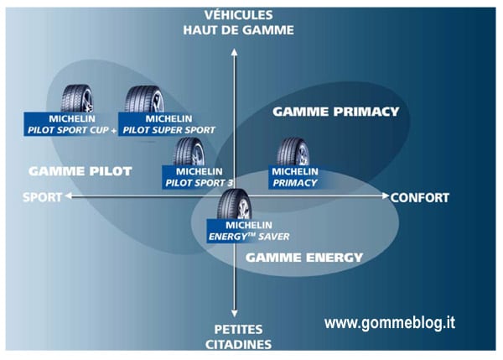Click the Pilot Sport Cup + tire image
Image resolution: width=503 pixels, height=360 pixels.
click(x=77, y=98)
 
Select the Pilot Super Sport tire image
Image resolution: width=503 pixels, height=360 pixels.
click(x=144, y=99)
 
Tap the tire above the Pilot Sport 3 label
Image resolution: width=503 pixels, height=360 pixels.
click(x=189, y=152)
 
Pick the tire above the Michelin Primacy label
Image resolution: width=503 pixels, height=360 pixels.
click(x=293, y=152)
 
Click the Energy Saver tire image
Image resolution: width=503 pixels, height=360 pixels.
click(x=234, y=204)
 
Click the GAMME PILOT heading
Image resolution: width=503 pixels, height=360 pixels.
click(x=80, y=171)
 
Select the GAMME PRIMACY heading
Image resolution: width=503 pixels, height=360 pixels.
click(x=336, y=112)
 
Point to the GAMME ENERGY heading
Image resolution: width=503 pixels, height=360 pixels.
click(x=304, y=258)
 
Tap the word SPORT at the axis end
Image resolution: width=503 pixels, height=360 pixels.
click(x=43, y=197)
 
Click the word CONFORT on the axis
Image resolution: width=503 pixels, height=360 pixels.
click(x=420, y=198)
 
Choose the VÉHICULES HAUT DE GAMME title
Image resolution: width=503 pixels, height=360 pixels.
click(x=239, y=23)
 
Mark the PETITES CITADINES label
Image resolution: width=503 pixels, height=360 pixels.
click(x=239, y=337)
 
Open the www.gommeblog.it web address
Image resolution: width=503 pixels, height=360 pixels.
click(x=390, y=323)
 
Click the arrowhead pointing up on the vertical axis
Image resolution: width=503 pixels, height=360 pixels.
click(x=235, y=52)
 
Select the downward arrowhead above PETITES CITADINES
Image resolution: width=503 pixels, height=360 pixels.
click(x=235, y=314)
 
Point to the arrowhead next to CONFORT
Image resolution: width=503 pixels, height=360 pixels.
click(x=386, y=196)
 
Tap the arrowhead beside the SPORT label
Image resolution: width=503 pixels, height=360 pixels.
click(x=69, y=196)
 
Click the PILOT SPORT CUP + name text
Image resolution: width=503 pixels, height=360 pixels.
click(x=72, y=130)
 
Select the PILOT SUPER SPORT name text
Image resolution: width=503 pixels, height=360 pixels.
click(x=169, y=130)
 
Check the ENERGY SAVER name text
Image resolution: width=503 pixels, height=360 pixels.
click(x=249, y=237)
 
